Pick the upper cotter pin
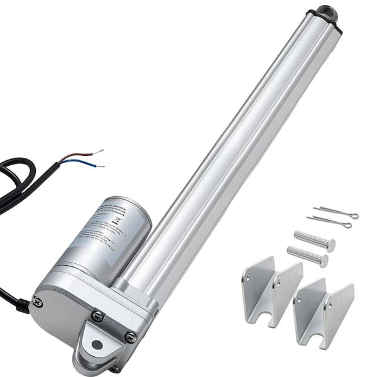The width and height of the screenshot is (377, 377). click(336, 212)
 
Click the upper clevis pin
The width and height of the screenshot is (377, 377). click(314, 241)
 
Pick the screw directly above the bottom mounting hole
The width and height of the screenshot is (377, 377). click(97, 317)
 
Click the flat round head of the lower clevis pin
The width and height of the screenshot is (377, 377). click(324, 260)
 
